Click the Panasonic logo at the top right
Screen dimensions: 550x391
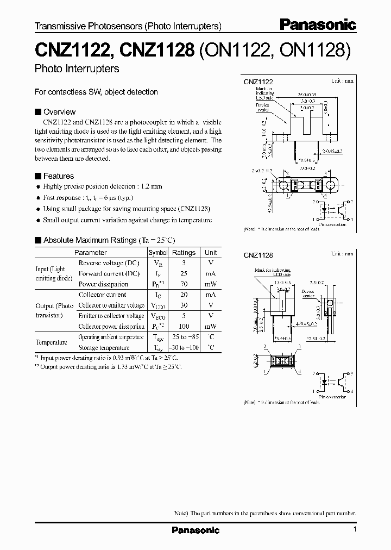click(318, 24)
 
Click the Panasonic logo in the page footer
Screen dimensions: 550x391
click(195, 530)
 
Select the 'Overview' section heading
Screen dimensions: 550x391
click(59, 112)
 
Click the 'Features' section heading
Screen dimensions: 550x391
click(58, 176)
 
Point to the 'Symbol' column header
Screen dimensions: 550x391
click(158, 253)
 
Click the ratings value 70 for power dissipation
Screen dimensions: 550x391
click(184, 284)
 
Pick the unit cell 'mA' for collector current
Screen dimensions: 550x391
click(211, 295)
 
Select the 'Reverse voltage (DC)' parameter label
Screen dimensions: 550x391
click(109, 263)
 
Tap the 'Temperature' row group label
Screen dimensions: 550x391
click(52, 342)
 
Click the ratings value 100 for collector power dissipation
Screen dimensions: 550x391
click(184, 327)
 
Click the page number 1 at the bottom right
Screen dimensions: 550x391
click(355, 529)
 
